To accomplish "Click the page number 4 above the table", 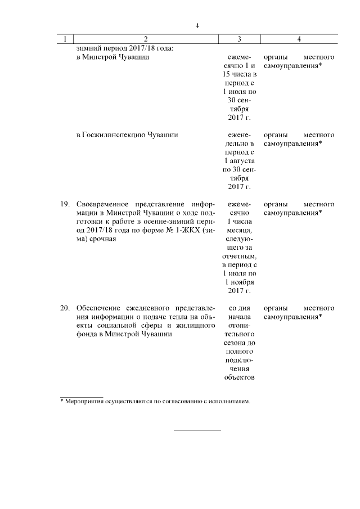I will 197,25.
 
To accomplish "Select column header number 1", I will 66,39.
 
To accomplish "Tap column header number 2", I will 145,39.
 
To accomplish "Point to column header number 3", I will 240,39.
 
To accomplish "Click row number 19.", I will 65,204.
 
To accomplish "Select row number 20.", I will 65,308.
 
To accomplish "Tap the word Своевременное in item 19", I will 103,204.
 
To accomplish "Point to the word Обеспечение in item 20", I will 100,308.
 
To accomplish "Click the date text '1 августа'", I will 240,161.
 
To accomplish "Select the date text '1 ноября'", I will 240,282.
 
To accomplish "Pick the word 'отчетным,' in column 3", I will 240,256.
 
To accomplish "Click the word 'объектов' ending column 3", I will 240,377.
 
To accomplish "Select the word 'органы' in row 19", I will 275,204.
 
